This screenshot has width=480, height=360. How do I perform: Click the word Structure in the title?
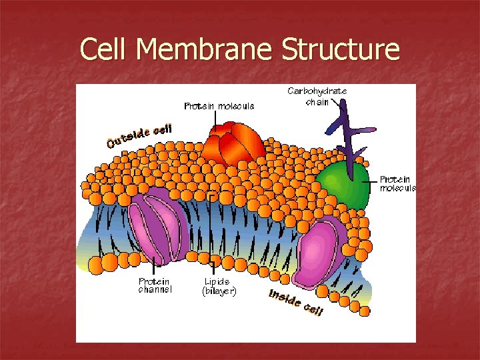[341, 49]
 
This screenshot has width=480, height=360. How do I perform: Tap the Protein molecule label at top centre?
[219, 106]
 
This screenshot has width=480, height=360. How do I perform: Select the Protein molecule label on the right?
[397, 183]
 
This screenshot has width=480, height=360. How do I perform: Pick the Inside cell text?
[296, 302]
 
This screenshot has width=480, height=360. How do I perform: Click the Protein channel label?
[155, 285]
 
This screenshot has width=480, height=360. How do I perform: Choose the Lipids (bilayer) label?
[219, 286]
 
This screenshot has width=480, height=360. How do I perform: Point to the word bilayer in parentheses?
[219, 291]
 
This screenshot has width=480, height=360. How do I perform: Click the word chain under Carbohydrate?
[317, 101]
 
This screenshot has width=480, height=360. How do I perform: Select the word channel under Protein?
[155, 290]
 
